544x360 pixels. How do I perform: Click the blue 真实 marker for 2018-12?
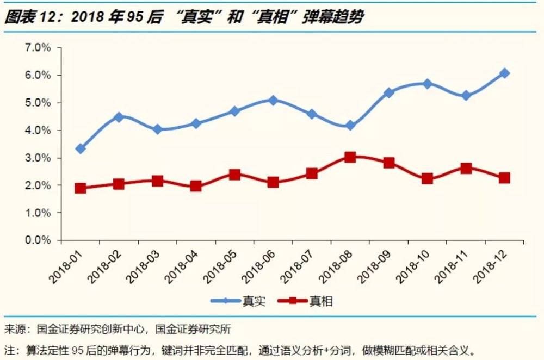click(504, 73)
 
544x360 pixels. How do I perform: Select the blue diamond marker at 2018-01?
click(81, 148)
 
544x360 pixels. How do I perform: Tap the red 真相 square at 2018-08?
click(350, 157)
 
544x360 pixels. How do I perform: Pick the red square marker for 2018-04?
click(196, 186)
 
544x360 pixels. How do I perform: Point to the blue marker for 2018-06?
click(273, 100)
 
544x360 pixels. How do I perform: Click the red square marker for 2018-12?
click(504, 178)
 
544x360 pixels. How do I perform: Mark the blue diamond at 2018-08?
click(350, 126)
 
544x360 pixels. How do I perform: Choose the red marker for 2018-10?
click(427, 178)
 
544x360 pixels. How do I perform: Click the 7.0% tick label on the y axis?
click(38, 48)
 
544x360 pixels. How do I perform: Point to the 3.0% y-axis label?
click(38, 158)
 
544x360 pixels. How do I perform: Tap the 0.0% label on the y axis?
click(38, 240)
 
